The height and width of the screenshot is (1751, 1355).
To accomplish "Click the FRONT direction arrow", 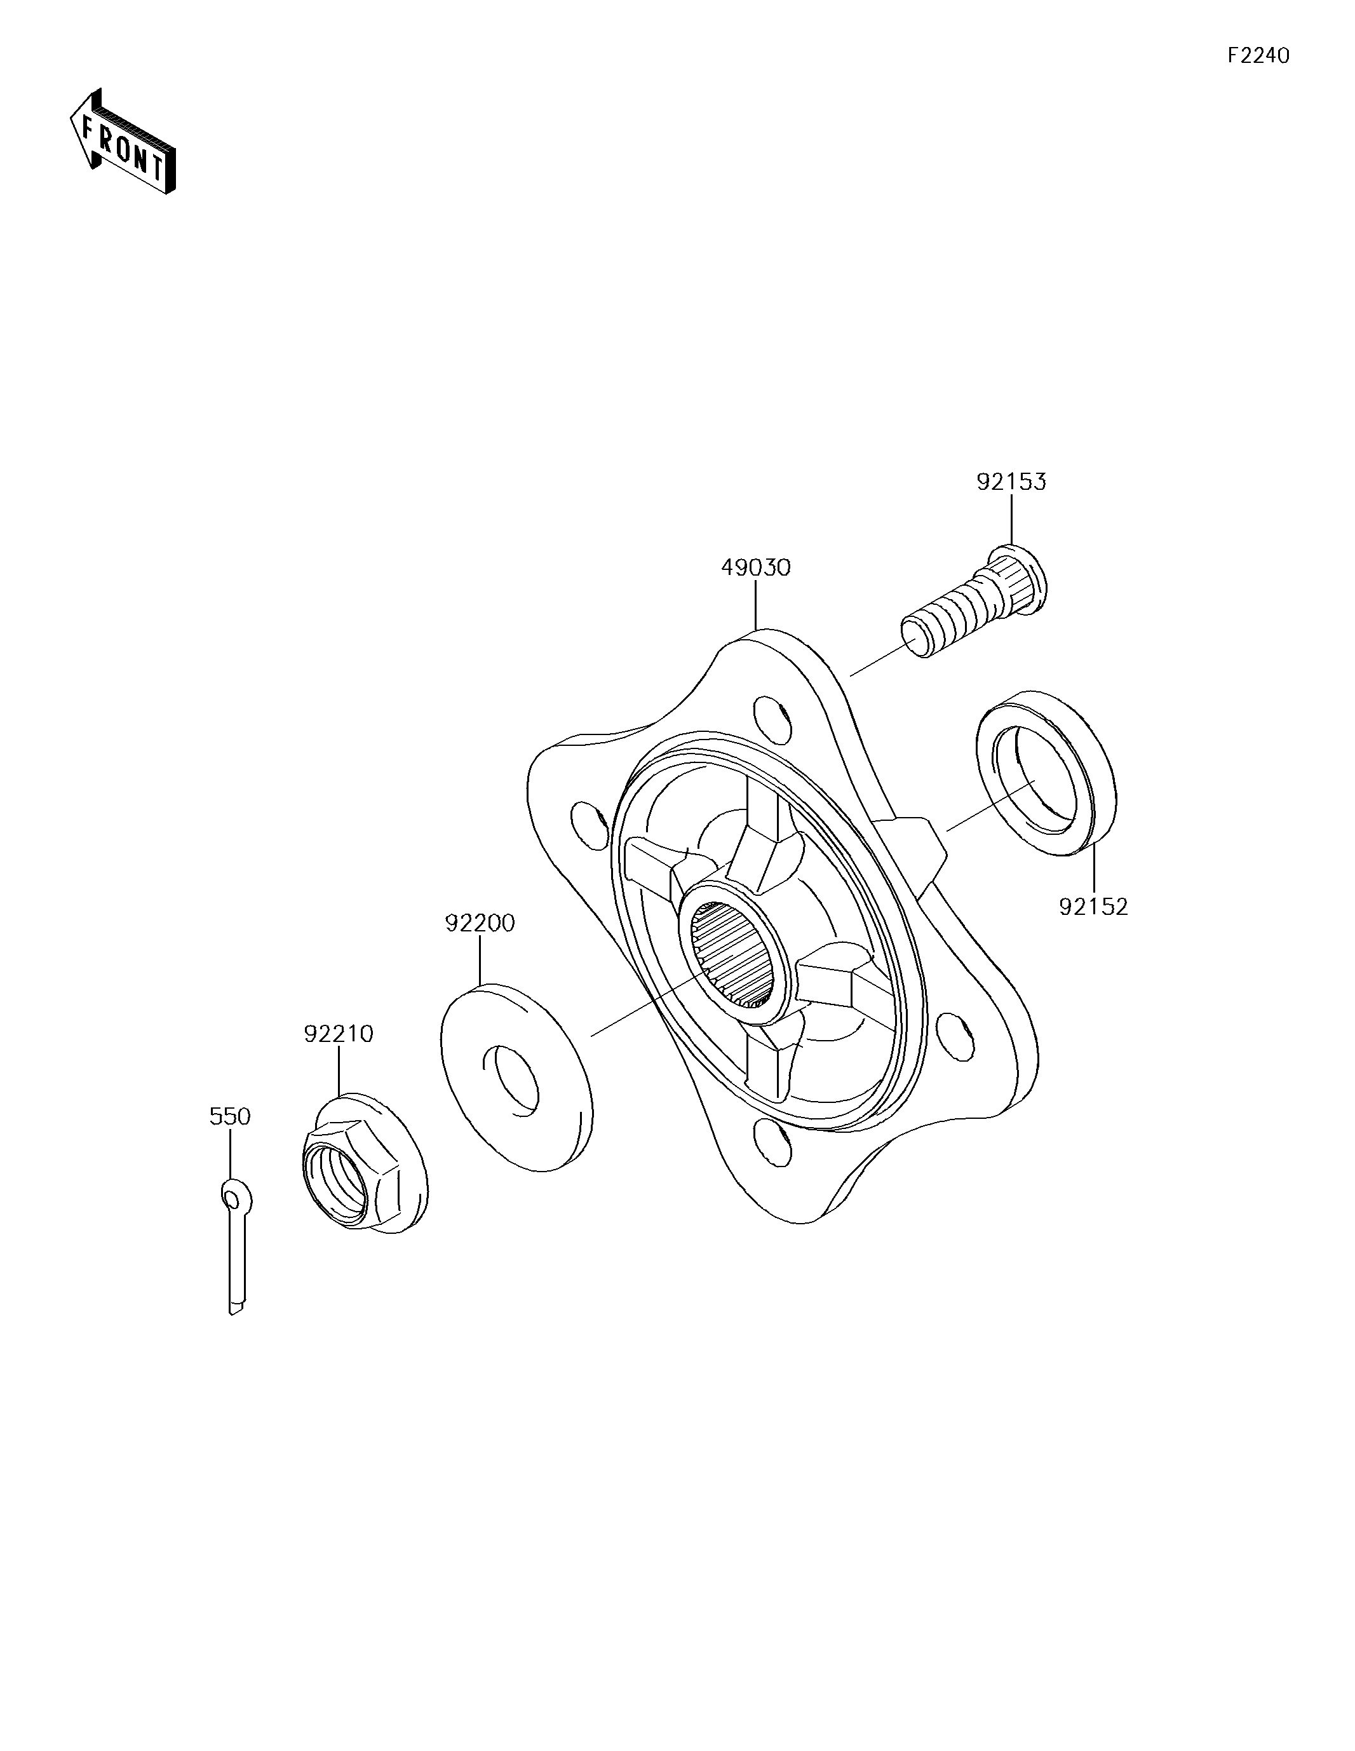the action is click(123, 142).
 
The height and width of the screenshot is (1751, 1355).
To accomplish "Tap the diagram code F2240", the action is click(1258, 55).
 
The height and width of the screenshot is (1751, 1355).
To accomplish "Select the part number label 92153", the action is click(1011, 482).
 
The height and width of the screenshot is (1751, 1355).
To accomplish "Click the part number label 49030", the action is click(755, 567).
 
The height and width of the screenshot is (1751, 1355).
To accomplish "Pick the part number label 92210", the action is click(339, 1034).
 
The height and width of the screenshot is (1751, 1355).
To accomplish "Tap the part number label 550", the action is click(230, 1116).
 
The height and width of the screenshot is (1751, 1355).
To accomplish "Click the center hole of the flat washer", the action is click(513, 1080).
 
